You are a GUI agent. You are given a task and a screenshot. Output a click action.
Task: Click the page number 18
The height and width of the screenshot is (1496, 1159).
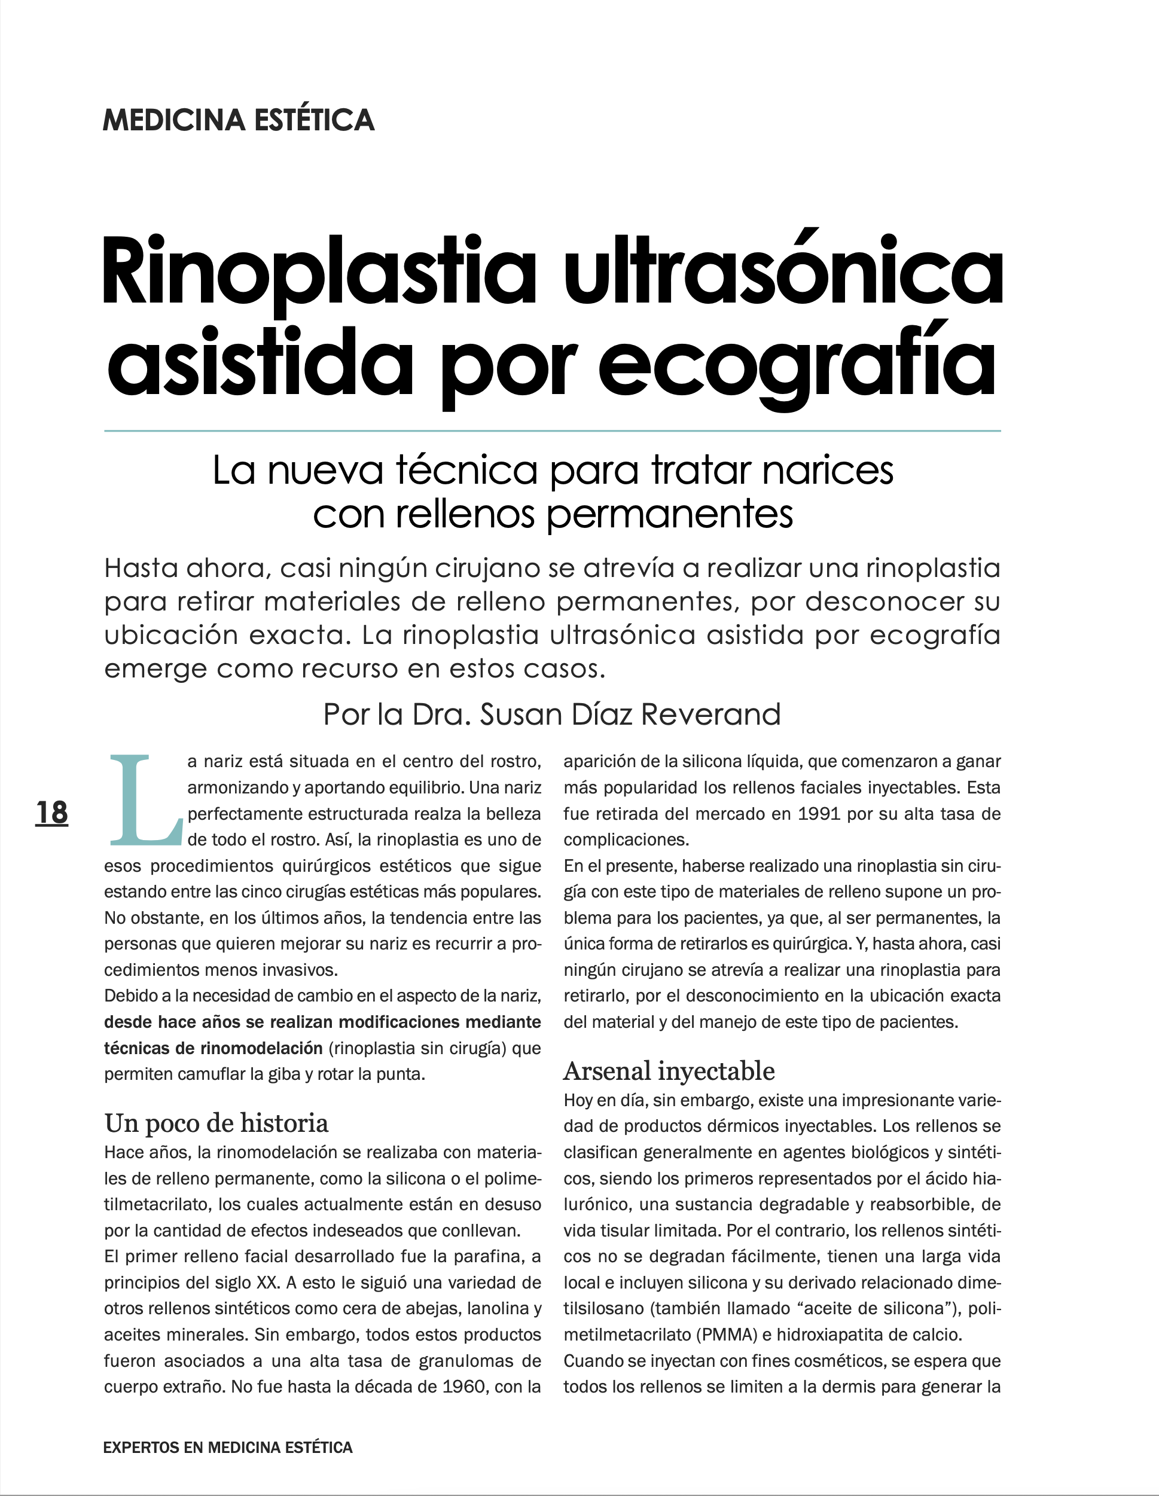click(52, 813)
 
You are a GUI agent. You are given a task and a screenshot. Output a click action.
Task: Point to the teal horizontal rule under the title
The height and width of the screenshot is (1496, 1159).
click(552, 431)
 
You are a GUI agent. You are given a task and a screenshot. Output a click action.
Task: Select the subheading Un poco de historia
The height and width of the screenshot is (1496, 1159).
click(216, 1123)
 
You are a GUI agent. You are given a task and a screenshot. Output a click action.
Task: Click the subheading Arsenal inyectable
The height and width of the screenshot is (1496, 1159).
click(669, 1071)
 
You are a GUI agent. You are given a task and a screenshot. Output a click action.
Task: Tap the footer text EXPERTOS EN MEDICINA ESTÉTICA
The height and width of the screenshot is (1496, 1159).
click(227, 1448)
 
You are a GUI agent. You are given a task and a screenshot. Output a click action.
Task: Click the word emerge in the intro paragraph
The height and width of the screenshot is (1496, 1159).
click(155, 668)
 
